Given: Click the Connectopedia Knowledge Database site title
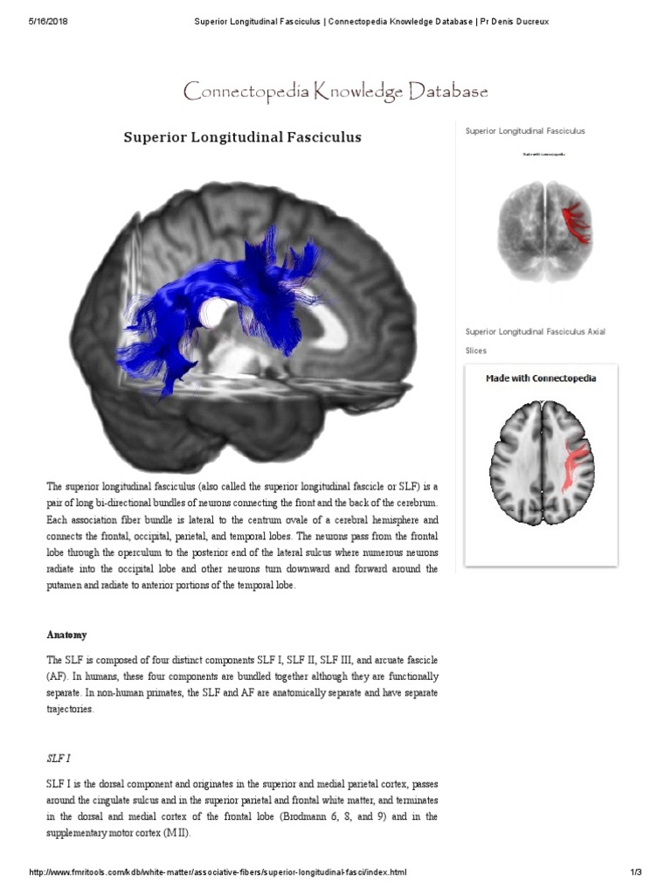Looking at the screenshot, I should click(335, 91).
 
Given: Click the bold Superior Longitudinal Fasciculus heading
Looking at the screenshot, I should click(242, 137).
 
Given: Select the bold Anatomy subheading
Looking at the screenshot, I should click(66, 635).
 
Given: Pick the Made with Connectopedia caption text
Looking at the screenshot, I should click(541, 378).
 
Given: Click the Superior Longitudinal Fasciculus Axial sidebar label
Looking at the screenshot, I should click(535, 332).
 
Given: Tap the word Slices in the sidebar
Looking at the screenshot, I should click(476, 350).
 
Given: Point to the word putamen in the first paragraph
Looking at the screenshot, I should click(66, 586).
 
